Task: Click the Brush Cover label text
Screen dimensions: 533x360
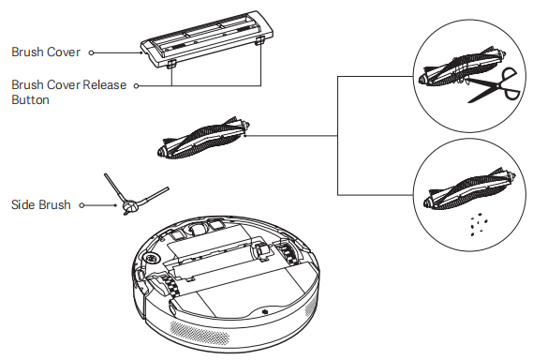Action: click(46, 52)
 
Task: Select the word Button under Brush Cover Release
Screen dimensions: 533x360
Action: click(30, 99)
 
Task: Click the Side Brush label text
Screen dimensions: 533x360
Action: click(41, 204)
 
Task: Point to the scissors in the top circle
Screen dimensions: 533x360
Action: click(494, 85)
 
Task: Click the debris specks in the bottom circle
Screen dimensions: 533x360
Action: click(479, 224)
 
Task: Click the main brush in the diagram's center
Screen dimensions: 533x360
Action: click(203, 138)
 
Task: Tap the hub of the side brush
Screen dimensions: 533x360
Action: click(128, 206)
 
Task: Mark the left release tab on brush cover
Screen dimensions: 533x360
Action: click(171, 64)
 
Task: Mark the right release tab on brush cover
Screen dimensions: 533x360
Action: click(259, 40)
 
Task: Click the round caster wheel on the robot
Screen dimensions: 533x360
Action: click(152, 259)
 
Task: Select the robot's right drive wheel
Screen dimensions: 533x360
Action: click(289, 253)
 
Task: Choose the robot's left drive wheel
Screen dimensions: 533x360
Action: click(169, 285)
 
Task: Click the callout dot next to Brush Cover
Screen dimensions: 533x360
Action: click(91, 52)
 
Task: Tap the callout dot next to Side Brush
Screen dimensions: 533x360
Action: click(81, 205)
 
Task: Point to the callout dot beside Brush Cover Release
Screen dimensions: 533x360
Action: click(137, 85)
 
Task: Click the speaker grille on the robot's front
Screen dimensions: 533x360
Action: click(200, 332)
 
